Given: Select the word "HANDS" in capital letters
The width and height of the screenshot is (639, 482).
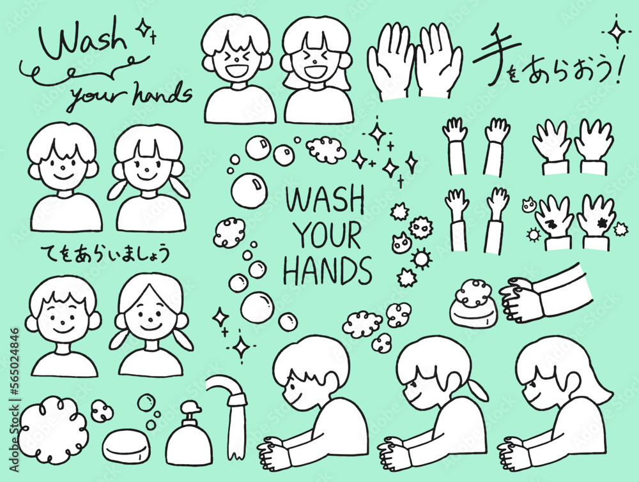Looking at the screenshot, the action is tap(328, 271).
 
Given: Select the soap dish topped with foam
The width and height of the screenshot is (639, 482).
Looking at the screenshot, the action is tap(473, 303).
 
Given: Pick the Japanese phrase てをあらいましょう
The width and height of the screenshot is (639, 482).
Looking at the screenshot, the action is tap(105, 254).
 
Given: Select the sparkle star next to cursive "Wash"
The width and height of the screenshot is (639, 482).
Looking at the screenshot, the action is tap(143, 28).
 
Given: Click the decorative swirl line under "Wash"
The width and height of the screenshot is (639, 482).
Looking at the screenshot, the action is tap(85, 73).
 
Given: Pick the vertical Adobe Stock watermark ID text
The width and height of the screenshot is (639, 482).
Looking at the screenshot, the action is tap(15, 400).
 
